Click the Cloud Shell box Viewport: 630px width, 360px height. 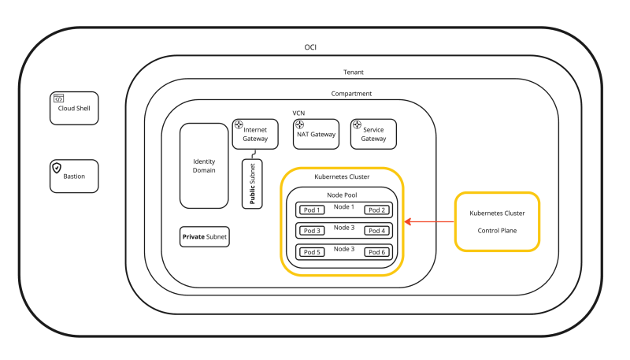pyautogui.click(x=74, y=109)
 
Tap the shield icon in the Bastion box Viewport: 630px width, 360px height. pyautogui.click(x=57, y=168)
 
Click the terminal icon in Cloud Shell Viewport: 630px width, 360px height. pyautogui.click(x=58, y=98)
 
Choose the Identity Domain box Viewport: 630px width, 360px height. pyautogui.click(x=204, y=165)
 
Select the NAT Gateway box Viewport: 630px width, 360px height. pyautogui.click(x=315, y=134)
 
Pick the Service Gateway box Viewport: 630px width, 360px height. pyautogui.click(x=373, y=134)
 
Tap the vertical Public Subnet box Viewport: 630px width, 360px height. pyautogui.click(x=253, y=184)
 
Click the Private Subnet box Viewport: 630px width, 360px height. pyautogui.click(x=205, y=236)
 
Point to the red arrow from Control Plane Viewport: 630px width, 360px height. pyautogui.click(x=429, y=222)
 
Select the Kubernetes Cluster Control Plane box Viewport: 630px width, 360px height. pyautogui.click(x=497, y=221)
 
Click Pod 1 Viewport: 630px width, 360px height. pyautogui.click(x=313, y=210)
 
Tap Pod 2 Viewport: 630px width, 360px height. pyautogui.click(x=376, y=210)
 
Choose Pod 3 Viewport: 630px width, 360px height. pyautogui.click(x=313, y=231)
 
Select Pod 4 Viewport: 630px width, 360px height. pyautogui.click(x=376, y=231)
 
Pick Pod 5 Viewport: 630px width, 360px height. pyautogui.click(x=313, y=252)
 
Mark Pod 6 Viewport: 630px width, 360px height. pyautogui.click(x=376, y=252)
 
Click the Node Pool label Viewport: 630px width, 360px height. pyautogui.click(x=343, y=194)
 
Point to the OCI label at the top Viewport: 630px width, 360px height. pyautogui.click(x=311, y=47)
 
